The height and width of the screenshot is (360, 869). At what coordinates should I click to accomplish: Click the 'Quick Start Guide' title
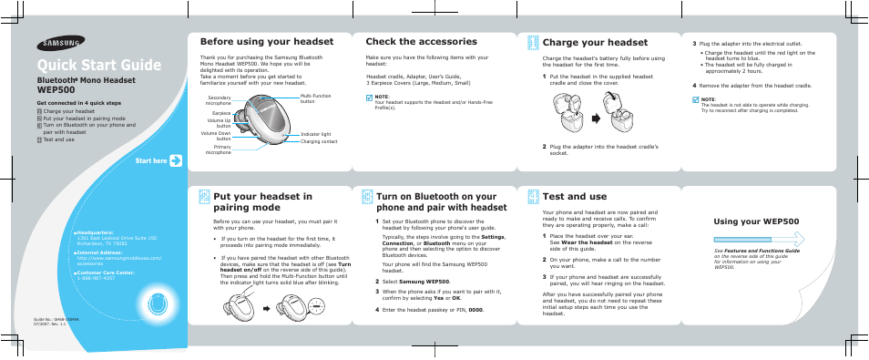coord(99,66)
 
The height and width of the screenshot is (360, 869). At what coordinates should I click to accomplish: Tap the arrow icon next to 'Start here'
coord(176,160)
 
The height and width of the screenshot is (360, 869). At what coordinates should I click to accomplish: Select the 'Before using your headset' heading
coord(267,42)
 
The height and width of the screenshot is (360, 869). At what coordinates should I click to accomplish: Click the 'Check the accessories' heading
coord(421,42)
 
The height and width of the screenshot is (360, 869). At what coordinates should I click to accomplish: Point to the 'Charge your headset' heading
coord(595,42)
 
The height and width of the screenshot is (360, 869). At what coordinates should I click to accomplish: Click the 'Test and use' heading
coord(574,196)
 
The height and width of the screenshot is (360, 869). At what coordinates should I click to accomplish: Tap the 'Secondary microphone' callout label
coord(219,99)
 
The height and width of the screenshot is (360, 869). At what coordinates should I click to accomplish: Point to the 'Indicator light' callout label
coord(314,134)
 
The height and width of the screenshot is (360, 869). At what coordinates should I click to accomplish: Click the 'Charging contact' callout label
coord(319,141)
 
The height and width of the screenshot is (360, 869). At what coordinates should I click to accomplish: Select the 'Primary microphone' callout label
coord(219,149)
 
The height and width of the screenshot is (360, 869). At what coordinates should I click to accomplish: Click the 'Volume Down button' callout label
coord(217,136)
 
